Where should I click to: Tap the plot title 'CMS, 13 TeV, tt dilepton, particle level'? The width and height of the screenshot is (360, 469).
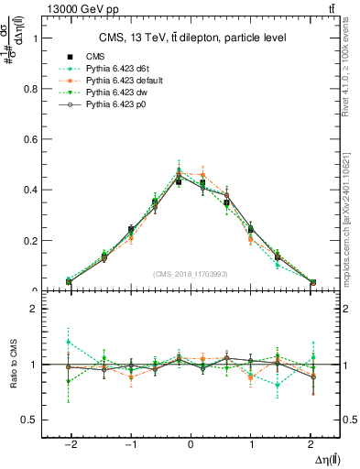tap(192, 38)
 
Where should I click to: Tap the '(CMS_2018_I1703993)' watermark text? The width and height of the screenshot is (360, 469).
tap(191, 274)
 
